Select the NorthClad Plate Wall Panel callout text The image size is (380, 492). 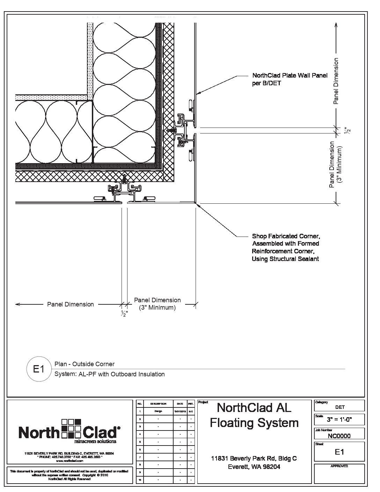290,79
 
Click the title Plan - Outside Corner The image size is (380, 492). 85,364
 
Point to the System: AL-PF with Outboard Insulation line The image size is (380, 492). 110,374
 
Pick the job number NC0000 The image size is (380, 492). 339,436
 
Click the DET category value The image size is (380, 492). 339,407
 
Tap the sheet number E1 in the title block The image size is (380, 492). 339,452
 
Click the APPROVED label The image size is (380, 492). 339,466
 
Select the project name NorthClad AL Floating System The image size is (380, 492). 254,415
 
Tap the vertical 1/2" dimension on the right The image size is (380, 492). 347,130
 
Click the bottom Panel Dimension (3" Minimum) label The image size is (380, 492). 157,304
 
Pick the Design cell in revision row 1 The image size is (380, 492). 158,411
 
